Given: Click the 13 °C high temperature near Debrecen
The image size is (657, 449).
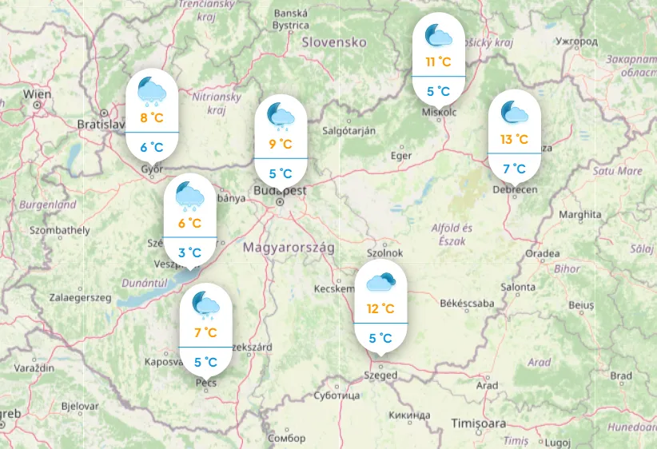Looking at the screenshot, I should coord(514,140).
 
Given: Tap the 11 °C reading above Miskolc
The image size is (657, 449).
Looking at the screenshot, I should coord(438,62).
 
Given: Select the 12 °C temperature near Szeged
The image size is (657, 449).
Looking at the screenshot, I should coord(380,309).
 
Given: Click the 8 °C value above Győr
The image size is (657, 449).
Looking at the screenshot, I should coord(151,118).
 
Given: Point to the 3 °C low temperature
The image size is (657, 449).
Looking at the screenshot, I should coord(189,253).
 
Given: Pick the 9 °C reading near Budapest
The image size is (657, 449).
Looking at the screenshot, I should coord(280,145).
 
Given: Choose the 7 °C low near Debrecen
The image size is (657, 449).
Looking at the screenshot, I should coord(514,169).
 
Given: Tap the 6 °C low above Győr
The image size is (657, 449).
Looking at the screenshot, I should coord(151,147).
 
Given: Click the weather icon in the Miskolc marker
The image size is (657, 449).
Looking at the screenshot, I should coord(438,35).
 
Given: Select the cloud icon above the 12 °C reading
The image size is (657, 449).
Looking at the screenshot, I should coord(380,281).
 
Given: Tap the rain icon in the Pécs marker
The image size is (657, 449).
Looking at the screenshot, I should coord(205,304).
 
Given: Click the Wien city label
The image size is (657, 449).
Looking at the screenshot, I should coord(37,94).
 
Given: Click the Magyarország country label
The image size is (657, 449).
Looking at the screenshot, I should coord(289,248).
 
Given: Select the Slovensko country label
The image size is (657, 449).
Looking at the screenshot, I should coord(334,42).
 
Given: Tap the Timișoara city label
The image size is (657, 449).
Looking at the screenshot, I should coord(479,423).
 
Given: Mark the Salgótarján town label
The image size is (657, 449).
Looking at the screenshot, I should coord(348,130).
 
